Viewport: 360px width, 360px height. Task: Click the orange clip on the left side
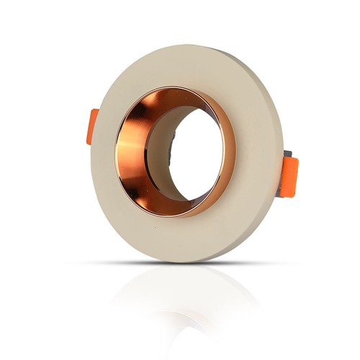point(93,127)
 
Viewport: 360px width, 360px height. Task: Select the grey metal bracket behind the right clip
point(287,156)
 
